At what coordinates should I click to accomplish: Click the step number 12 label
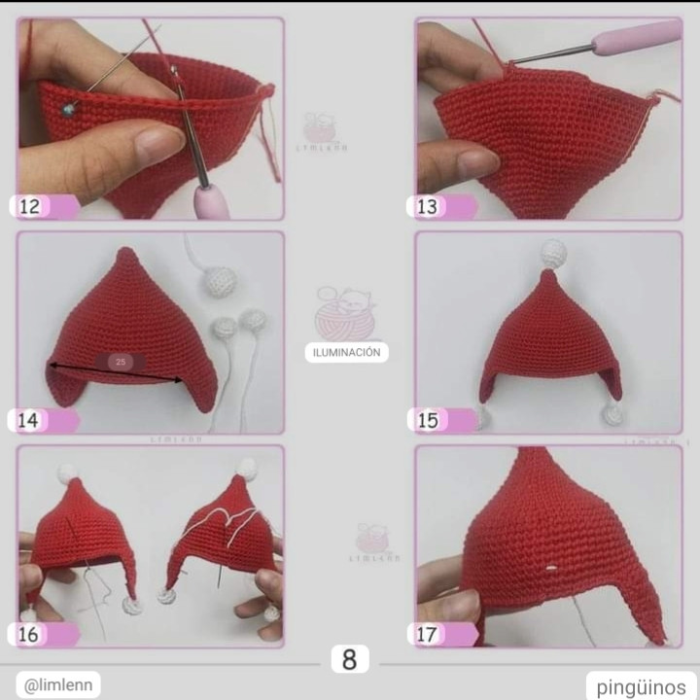click(x=30, y=206)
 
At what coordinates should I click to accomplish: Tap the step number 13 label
click(x=428, y=206)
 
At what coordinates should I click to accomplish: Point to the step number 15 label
click(x=428, y=420)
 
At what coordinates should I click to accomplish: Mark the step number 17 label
click(x=428, y=635)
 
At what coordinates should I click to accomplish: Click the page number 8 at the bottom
click(x=349, y=659)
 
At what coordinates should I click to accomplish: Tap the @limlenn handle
click(x=57, y=684)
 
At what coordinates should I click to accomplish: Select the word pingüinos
click(x=641, y=685)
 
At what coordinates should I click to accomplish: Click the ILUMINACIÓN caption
click(x=347, y=353)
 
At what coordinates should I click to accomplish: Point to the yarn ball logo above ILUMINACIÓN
click(x=344, y=313)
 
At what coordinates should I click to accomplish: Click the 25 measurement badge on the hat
click(x=122, y=362)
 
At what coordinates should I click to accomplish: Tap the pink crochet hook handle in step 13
click(x=636, y=39)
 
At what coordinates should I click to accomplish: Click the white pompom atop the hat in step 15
click(x=552, y=253)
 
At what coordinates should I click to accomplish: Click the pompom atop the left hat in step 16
click(x=68, y=473)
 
